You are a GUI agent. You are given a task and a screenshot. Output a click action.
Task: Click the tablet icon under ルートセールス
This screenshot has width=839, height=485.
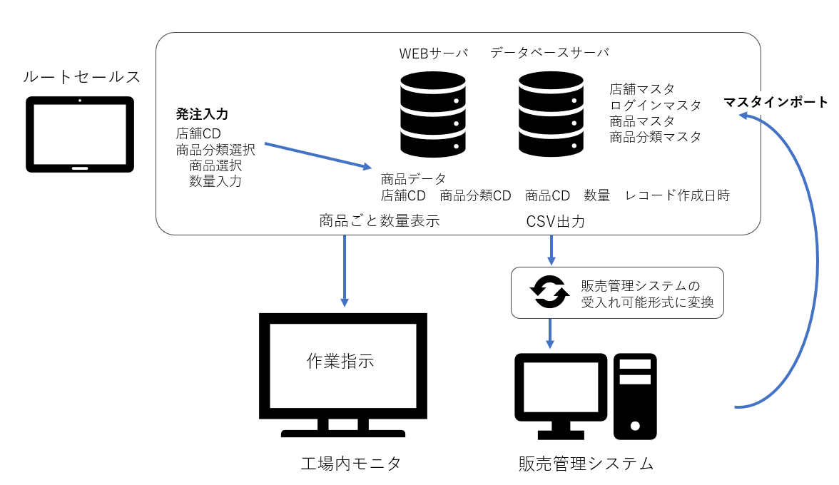(x=80, y=134)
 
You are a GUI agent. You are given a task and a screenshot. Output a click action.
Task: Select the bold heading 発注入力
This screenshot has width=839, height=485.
(x=202, y=114)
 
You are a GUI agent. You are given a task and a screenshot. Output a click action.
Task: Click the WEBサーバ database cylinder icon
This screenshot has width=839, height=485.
(x=433, y=114)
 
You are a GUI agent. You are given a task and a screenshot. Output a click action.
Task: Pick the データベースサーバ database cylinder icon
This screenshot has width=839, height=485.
(x=551, y=114)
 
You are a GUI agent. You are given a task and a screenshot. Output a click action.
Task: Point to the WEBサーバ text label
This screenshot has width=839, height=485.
(x=433, y=53)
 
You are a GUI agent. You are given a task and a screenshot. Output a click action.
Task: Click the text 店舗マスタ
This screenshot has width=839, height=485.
(x=641, y=89)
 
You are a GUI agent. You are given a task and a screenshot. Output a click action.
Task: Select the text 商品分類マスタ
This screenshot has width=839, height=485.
(x=655, y=136)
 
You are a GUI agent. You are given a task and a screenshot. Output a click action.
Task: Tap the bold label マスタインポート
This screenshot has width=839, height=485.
(x=776, y=102)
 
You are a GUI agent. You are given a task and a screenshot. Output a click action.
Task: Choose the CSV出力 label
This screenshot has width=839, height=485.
(x=555, y=222)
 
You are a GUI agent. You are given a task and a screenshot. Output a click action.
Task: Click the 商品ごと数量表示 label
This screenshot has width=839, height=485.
(x=379, y=221)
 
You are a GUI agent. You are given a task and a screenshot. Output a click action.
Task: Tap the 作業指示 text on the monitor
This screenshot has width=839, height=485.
(x=340, y=361)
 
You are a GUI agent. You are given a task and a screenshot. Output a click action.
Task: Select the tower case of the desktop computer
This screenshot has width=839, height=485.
(x=635, y=396)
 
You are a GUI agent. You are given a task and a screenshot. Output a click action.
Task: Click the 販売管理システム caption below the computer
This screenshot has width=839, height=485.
(x=586, y=464)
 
